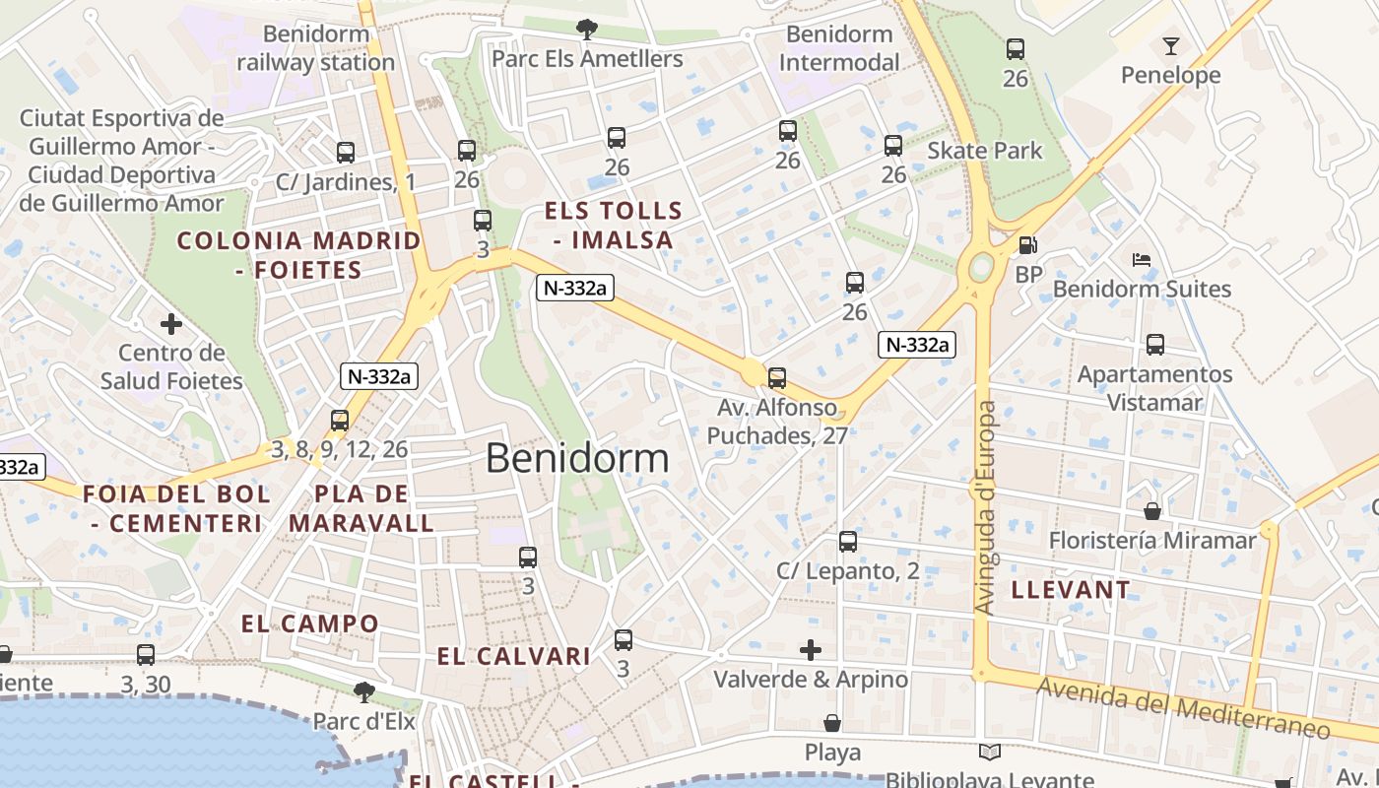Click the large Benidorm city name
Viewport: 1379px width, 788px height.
(577, 458)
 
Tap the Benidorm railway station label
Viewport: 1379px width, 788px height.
(316, 48)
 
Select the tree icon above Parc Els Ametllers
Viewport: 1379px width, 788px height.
(587, 29)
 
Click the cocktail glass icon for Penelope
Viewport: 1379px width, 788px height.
(1170, 46)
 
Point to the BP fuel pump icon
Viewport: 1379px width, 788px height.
(1027, 245)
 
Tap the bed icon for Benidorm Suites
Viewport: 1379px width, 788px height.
(1142, 260)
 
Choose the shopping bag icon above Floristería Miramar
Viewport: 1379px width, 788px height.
(1151, 511)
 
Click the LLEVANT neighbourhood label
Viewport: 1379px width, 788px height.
(1071, 590)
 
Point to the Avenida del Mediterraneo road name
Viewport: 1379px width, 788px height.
(1183, 708)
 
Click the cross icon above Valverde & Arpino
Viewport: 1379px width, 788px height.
(811, 650)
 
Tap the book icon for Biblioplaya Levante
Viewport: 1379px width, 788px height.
(990, 753)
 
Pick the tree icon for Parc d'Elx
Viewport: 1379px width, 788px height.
(363, 691)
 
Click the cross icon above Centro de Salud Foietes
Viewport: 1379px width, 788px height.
(171, 323)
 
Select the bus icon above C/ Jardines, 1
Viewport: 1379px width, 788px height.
(345, 153)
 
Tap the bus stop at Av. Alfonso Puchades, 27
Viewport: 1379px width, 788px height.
(777, 377)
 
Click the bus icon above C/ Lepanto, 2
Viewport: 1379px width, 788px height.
(847, 542)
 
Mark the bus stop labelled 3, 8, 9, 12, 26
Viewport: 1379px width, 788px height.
(340, 421)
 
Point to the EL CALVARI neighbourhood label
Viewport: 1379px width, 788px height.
(513, 657)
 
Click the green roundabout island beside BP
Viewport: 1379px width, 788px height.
(981, 267)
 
